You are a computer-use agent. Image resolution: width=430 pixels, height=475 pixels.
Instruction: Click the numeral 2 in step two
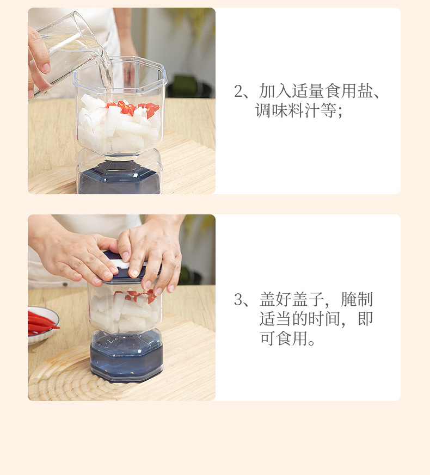[238, 91]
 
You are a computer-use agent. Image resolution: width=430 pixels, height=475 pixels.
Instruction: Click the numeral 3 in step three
[238, 299]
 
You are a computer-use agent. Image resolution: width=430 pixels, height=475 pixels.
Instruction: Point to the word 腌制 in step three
[357, 299]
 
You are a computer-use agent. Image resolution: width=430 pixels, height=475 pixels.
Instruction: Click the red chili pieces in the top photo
[133, 109]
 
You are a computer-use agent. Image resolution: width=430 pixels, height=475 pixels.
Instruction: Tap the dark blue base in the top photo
[119, 178]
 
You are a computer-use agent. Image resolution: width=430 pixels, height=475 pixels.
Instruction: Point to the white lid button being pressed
[121, 263]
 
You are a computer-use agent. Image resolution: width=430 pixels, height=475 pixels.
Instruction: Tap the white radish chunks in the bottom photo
[124, 312]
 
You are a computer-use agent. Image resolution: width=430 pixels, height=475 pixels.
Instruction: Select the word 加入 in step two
[275, 91]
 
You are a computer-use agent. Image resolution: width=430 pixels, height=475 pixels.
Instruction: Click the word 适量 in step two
[308, 91]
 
